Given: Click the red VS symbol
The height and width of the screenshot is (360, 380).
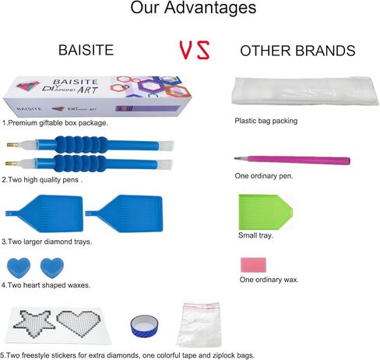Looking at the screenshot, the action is pyautogui.click(x=195, y=50).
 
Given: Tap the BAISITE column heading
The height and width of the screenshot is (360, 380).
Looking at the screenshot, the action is pyautogui.click(x=86, y=50).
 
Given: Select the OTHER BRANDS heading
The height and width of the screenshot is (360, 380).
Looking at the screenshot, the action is pyautogui.click(x=297, y=51).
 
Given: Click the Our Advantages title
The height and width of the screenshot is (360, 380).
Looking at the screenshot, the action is pyautogui.click(x=193, y=8).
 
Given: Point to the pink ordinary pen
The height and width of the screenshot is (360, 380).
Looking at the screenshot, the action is pyautogui.click(x=292, y=160).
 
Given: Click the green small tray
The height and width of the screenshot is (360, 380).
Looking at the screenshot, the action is pyautogui.click(x=266, y=212).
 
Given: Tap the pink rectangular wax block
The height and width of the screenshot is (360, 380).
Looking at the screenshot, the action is pyautogui.click(x=253, y=265).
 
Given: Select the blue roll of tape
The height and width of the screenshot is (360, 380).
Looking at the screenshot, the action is pyautogui.click(x=144, y=326).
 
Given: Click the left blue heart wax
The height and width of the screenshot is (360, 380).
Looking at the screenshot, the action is pyautogui.click(x=19, y=268).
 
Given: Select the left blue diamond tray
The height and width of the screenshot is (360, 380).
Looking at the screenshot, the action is pyautogui.click(x=44, y=214).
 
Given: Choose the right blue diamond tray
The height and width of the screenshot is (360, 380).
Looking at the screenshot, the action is pyautogui.click(x=124, y=214).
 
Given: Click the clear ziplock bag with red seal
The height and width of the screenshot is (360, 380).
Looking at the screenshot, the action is pyautogui.click(x=199, y=325).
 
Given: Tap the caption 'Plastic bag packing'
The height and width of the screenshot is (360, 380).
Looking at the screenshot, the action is pyautogui.click(x=266, y=121).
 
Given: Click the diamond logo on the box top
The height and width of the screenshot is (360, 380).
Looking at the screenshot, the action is pyautogui.click(x=28, y=86).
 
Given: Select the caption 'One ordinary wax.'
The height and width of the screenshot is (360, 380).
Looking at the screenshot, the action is pyautogui.click(x=269, y=280).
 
